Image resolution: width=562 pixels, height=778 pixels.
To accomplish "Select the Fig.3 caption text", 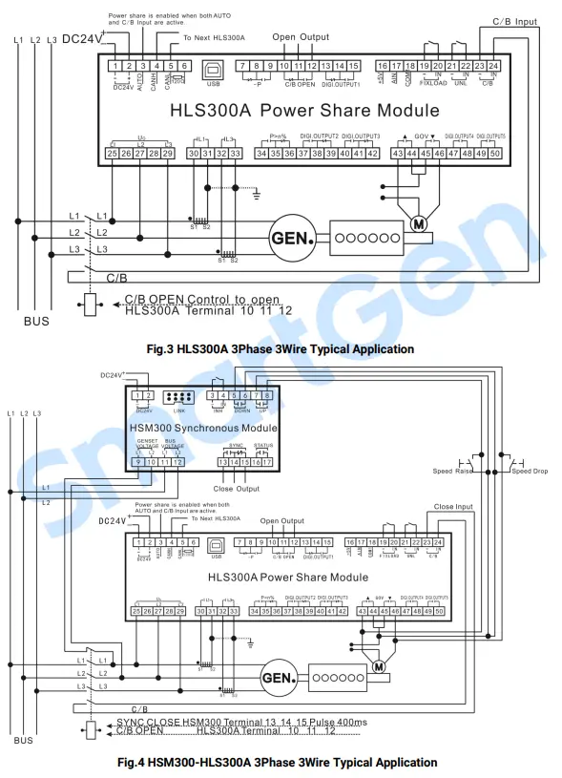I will pos(281,349).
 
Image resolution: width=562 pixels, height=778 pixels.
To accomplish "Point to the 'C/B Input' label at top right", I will pos(514,21).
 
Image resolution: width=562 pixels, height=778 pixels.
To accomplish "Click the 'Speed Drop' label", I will pos(530,471).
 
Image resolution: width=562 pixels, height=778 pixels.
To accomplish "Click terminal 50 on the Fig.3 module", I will pos(495,153).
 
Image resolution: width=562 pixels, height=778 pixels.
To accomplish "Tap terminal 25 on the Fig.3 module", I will pos(113,153).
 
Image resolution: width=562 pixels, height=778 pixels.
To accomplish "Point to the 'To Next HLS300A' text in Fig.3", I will pos(214,36).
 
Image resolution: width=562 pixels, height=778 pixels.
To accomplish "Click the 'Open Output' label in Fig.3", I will pos(301,37).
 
